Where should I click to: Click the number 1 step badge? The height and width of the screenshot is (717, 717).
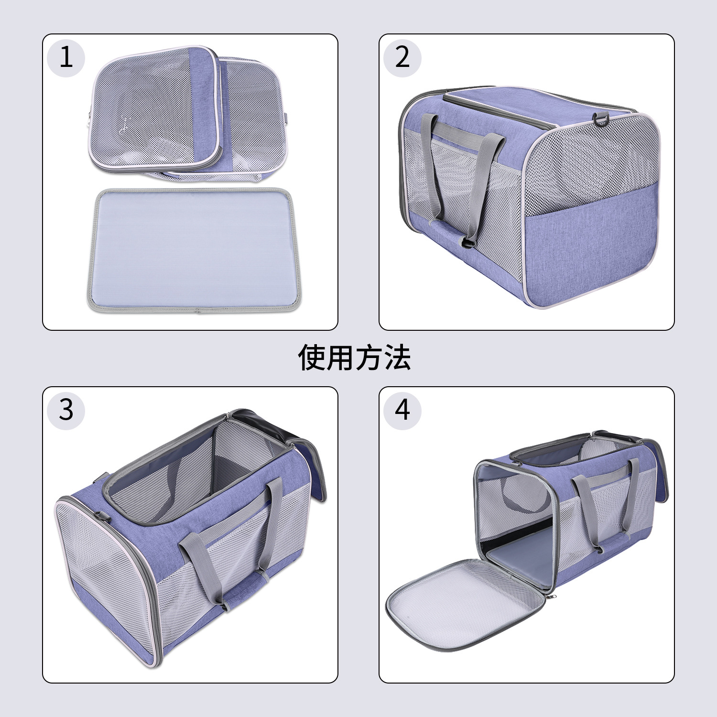pos(66,58)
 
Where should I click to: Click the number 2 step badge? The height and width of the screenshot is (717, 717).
pos(402,58)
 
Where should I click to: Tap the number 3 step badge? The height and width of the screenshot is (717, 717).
pos(66,410)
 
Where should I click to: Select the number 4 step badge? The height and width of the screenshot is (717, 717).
pos(402,410)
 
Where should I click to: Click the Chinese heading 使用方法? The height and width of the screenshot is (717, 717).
pos(354,358)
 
